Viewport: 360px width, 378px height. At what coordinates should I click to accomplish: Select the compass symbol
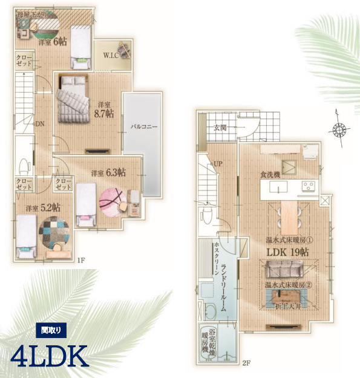(x=340, y=129)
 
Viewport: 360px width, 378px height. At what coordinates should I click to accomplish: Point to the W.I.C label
(x=110, y=56)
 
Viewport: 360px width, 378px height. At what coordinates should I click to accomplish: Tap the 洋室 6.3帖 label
(x=108, y=173)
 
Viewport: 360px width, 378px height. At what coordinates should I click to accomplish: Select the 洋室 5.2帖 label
(x=43, y=207)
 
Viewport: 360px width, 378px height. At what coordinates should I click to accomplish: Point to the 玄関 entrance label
(x=221, y=128)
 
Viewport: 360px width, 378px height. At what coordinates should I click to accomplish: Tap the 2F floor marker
(x=246, y=363)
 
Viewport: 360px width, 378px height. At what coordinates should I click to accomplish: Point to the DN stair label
(x=40, y=124)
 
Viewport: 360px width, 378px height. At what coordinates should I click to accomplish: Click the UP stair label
(x=218, y=163)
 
